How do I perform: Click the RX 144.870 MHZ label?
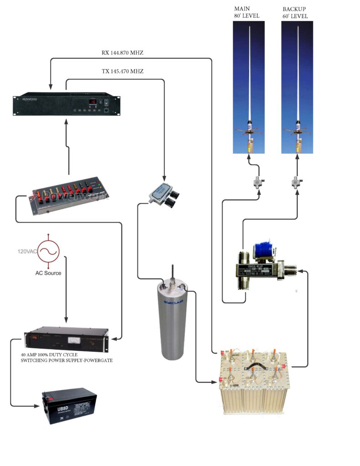122,53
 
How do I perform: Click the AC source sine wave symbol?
48,250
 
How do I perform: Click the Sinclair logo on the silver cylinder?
170,304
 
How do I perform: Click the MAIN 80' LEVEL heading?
246,12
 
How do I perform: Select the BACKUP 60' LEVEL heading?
295,12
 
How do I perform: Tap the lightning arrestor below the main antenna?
250,183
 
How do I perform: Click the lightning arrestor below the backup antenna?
298,183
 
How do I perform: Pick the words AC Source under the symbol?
48,273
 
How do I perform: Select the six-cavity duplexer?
254,381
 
